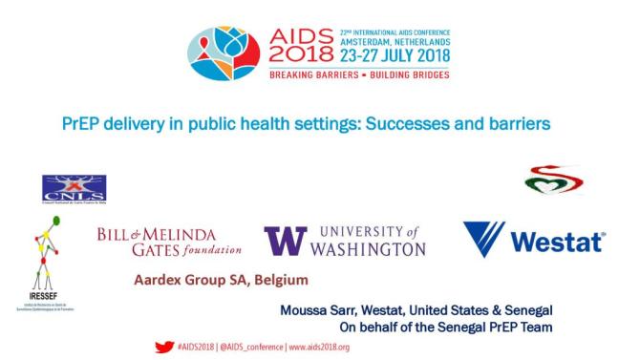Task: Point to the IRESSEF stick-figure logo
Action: coord(37,258)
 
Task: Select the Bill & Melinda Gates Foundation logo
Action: coord(169,243)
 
